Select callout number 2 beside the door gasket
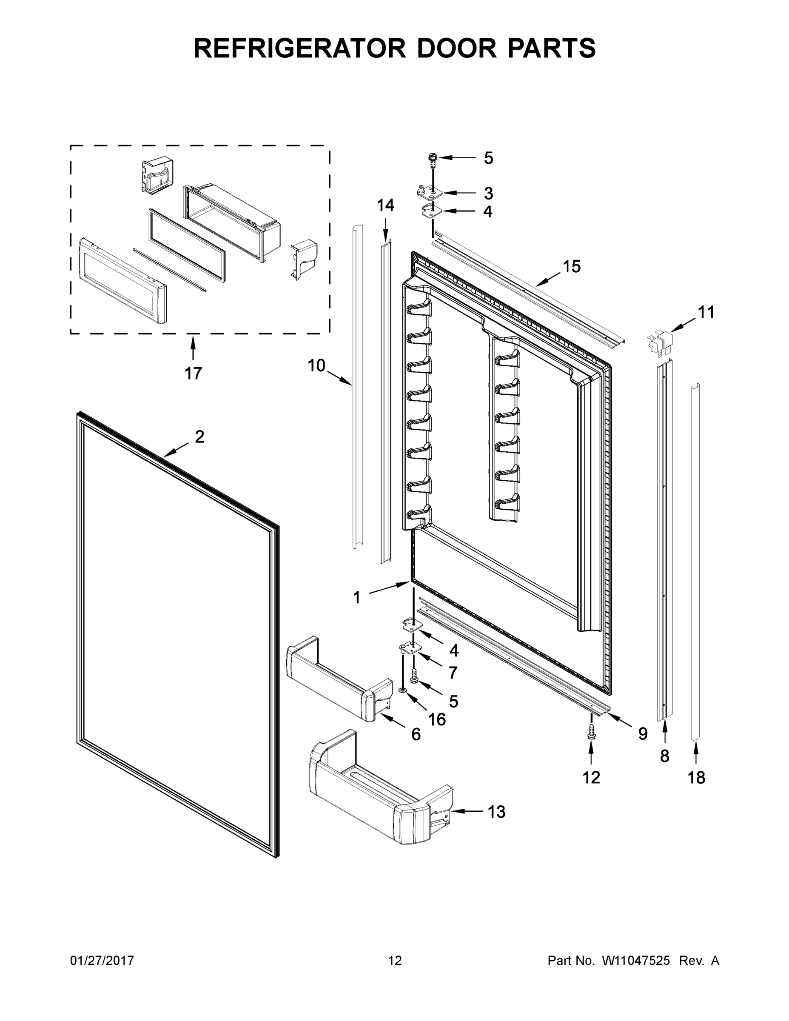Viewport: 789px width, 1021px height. click(199, 437)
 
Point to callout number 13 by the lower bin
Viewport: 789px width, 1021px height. click(496, 812)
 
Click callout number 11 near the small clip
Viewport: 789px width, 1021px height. click(706, 312)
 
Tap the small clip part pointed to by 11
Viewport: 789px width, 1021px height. click(660, 341)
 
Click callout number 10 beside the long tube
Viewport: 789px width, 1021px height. click(316, 365)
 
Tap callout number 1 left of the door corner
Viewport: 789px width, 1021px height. click(356, 597)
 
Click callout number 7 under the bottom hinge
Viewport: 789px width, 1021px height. click(453, 673)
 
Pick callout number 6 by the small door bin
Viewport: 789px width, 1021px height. click(416, 734)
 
